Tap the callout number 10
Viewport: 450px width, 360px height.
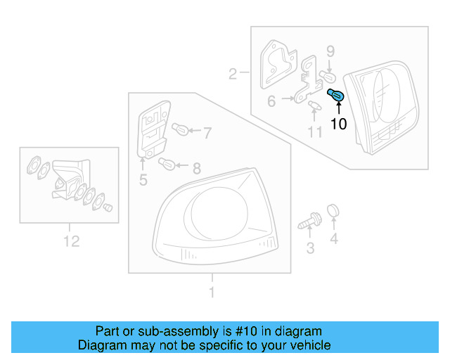pyautogui.click(x=338, y=124)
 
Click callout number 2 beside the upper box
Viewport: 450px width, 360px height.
pyautogui.click(x=232, y=72)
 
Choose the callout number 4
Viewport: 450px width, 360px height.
pyautogui.click(x=334, y=240)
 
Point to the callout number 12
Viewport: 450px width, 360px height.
pyautogui.click(x=71, y=241)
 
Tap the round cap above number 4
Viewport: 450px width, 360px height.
pyautogui.click(x=334, y=210)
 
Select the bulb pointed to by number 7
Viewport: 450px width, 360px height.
pyautogui.click(x=178, y=129)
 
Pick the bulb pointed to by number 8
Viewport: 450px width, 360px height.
pyautogui.click(x=167, y=165)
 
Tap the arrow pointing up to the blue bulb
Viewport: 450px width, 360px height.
pyautogui.click(x=338, y=108)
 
